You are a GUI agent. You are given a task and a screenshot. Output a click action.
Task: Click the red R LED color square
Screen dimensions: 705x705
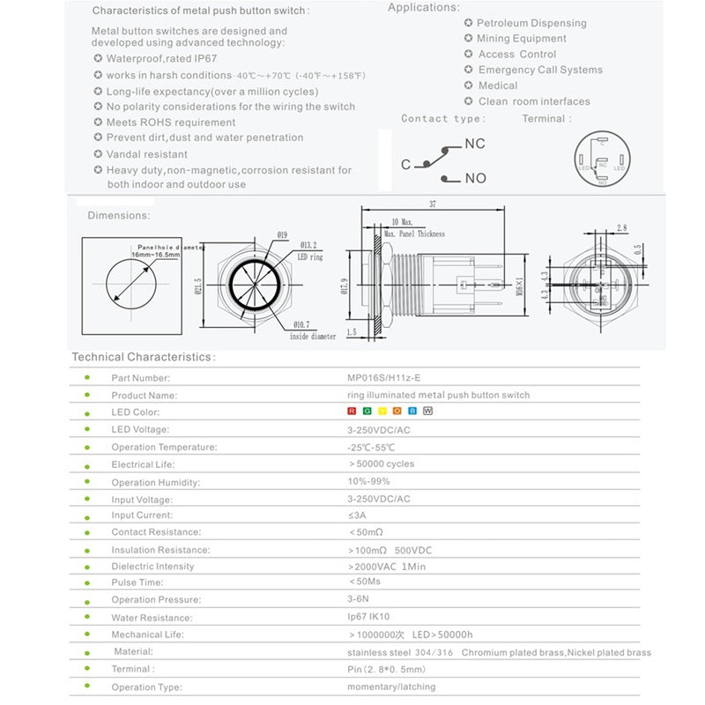click(352, 412)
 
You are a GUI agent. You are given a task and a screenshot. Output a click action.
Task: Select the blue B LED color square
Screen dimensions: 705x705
click(412, 412)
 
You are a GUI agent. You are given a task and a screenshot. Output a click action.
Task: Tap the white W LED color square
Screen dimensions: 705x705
click(428, 412)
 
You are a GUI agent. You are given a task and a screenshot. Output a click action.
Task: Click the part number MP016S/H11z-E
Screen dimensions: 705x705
click(383, 378)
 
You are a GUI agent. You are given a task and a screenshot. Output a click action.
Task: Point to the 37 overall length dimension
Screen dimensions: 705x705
click(434, 204)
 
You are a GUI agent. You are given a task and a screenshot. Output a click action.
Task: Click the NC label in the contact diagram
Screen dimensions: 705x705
click(474, 144)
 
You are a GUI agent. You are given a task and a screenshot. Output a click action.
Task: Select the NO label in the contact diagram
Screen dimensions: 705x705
click(475, 178)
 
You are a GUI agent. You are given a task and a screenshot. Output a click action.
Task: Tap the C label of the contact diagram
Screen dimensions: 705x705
click(406, 165)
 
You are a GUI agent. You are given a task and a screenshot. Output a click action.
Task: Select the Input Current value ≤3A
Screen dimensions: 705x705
click(358, 515)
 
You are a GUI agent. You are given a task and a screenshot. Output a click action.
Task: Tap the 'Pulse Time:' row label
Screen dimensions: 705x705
click(137, 583)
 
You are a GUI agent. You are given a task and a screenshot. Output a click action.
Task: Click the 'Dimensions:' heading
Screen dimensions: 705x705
click(118, 215)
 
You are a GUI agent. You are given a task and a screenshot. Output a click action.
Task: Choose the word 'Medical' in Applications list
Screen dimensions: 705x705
click(498, 85)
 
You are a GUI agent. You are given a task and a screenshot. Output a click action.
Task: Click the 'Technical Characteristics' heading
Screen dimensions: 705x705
click(142, 357)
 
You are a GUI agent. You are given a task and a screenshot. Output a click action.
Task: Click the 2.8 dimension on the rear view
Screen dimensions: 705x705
click(621, 227)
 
